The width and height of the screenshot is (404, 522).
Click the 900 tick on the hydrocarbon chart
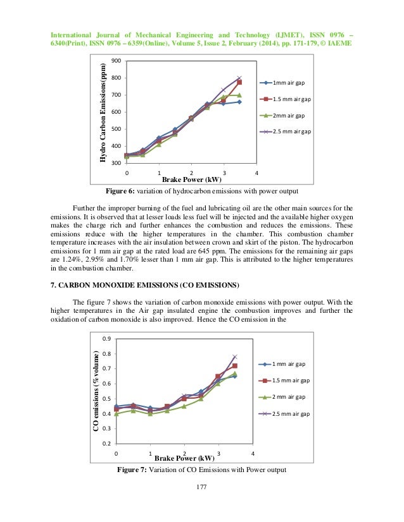click(x=115, y=61)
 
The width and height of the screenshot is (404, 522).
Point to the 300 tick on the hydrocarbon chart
click(x=115, y=163)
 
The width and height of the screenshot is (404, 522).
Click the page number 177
click(x=201, y=487)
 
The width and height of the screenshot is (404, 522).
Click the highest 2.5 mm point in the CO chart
click(x=235, y=357)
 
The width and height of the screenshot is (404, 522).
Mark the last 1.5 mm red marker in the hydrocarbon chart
click(x=239, y=82)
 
